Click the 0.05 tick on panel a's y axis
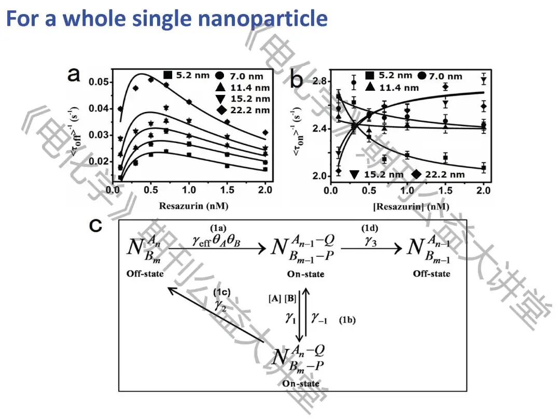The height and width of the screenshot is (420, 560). pyautogui.click(x=99, y=82)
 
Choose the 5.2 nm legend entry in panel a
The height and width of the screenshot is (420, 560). pyautogui.click(x=188, y=75)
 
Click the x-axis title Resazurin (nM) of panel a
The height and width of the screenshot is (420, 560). pyautogui.click(x=175, y=206)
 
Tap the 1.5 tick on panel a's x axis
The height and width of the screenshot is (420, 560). pyautogui.click(x=226, y=190)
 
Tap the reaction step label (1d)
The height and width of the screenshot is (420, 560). pyautogui.click(x=370, y=228)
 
